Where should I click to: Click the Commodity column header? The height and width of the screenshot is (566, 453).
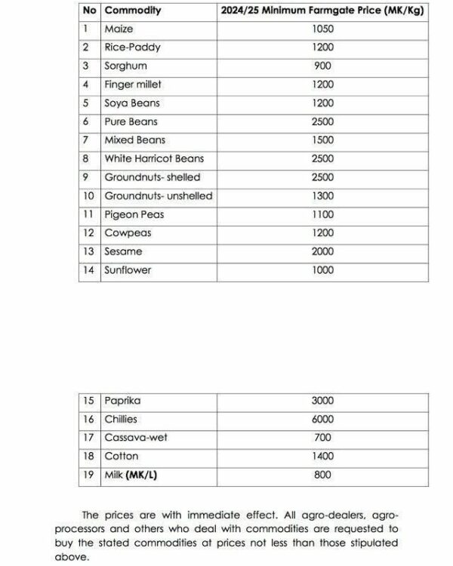click(x=133, y=11)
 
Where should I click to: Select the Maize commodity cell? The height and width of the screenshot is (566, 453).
click(x=119, y=29)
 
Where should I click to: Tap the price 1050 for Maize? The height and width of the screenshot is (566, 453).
click(x=322, y=29)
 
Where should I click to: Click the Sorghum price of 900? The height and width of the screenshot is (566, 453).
click(x=322, y=66)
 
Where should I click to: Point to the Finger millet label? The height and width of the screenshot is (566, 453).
click(x=133, y=85)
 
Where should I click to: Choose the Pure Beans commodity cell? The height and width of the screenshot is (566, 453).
click(x=131, y=122)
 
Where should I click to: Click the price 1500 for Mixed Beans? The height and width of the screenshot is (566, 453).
click(x=322, y=140)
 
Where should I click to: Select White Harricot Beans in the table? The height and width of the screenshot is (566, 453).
click(x=154, y=158)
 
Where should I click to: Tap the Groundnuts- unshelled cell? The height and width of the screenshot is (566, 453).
click(x=158, y=195)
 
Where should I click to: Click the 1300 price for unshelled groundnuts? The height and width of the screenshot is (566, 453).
click(x=322, y=195)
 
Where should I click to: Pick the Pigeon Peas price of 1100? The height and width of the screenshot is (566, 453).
click(x=322, y=214)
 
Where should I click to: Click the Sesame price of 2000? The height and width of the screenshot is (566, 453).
click(x=322, y=251)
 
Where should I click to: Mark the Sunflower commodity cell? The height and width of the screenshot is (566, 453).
click(x=128, y=270)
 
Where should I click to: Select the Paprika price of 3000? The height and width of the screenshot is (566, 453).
click(x=322, y=401)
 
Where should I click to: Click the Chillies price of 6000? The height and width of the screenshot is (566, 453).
click(x=322, y=419)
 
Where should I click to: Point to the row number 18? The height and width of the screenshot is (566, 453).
click(x=88, y=457)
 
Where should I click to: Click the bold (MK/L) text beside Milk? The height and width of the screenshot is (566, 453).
click(x=142, y=475)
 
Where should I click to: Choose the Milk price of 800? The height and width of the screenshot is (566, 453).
click(x=322, y=475)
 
